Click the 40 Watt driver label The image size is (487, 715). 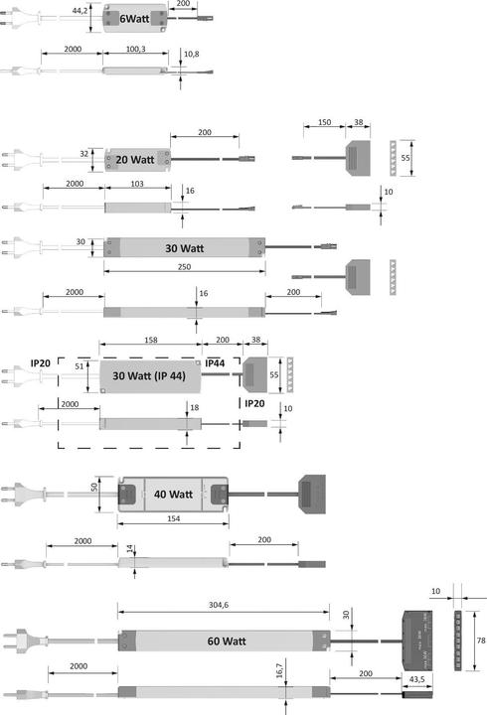click(172, 494)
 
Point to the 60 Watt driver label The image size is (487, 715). click(226, 642)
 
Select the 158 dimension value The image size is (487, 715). click(151, 341)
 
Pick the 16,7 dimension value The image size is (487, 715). click(281, 672)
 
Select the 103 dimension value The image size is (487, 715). click(137, 184)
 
